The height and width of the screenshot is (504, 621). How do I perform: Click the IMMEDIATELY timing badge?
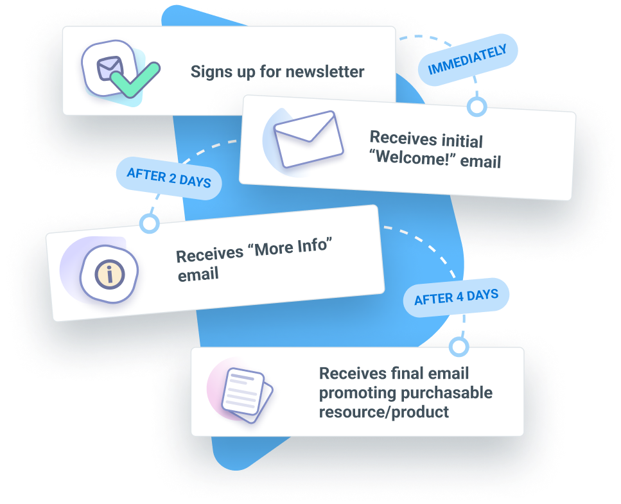point(468,59)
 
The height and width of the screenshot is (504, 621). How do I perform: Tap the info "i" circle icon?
point(110,274)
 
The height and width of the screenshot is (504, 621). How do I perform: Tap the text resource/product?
point(384,412)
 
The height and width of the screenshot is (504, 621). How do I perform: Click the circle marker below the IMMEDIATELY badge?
point(477,107)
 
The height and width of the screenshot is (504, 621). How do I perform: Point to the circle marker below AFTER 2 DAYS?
point(150,223)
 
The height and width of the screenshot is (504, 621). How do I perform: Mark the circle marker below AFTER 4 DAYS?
point(459,347)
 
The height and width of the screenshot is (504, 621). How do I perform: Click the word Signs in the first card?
point(209,71)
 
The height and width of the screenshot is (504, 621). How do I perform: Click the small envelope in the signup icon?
point(109,67)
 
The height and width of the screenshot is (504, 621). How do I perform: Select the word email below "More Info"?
point(198,274)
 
